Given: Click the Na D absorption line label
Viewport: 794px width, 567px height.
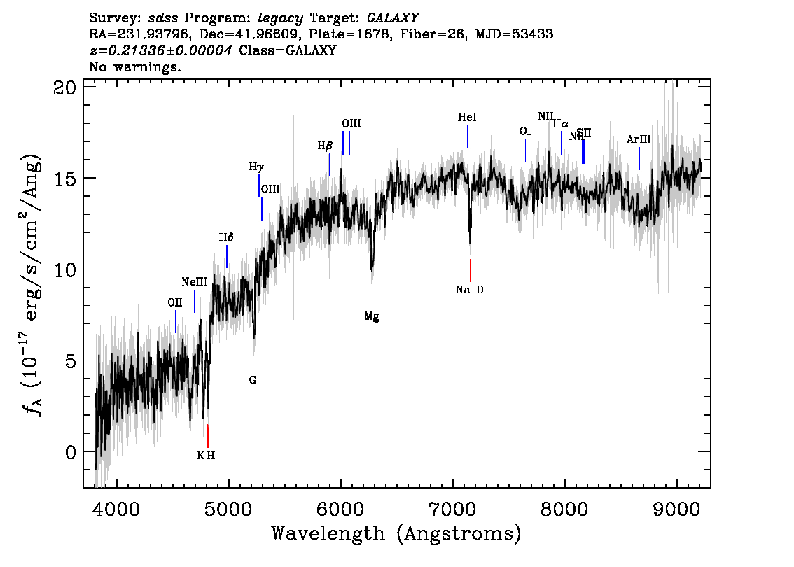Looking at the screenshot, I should [x=469, y=290].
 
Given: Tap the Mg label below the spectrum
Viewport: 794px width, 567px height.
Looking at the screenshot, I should [x=372, y=317].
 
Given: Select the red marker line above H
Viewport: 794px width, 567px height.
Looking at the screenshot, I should [x=207, y=435].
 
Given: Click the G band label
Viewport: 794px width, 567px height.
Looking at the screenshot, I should [x=253, y=381].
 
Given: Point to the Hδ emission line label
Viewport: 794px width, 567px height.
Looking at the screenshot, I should [x=225, y=238].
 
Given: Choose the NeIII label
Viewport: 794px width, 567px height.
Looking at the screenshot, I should [x=194, y=282].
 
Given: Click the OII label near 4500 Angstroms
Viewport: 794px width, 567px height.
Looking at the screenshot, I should [x=175, y=303].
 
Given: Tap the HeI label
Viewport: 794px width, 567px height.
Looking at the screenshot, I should [x=467, y=118].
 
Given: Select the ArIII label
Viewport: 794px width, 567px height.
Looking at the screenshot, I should [x=639, y=140].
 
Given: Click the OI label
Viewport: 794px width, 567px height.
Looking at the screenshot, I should [x=525, y=131].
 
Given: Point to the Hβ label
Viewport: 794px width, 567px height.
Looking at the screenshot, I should [x=325, y=146].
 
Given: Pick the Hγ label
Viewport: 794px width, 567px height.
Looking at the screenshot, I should [x=256, y=167].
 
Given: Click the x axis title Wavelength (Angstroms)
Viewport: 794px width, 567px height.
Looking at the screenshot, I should [x=396, y=534].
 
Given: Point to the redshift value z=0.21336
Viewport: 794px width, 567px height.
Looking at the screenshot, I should [x=161, y=51].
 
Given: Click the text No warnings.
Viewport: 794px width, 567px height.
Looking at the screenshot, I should [x=135, y=67].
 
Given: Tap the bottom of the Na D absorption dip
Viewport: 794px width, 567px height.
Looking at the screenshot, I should [x=470, y=242].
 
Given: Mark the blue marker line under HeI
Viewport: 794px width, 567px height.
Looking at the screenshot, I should [x=468, y=136].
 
